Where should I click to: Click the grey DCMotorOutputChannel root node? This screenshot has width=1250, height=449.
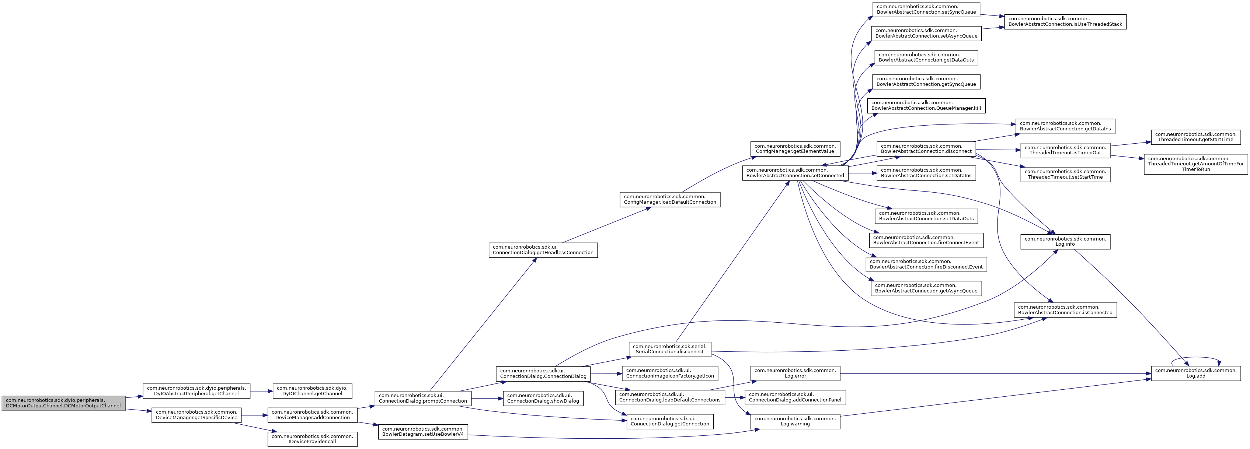[x=63, y=403]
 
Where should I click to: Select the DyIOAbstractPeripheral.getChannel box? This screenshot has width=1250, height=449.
[x=196, y=391]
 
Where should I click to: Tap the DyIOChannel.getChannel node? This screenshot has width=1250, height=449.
[x=313, y=391]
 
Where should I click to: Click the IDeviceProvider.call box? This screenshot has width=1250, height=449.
[x=313, y=439]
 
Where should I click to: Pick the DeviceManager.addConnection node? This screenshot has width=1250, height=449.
[x=313, y=415]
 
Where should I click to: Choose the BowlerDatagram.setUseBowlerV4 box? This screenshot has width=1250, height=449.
[x=423, y=432]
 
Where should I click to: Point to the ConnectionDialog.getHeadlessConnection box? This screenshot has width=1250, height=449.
[x=543, y=250]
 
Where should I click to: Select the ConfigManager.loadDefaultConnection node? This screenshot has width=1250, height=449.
[x=670, y=199]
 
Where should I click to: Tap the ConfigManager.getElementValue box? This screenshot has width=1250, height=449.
[x=795, y=148]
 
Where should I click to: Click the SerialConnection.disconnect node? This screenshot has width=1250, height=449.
[x=670, y=349]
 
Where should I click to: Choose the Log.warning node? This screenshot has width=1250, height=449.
[x=795, y=421]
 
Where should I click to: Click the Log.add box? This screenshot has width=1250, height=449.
[x=1196, y=374]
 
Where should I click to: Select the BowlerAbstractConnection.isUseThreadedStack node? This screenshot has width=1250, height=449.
[x=1065, y=21]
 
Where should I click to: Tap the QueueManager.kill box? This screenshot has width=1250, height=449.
[x=926, y=106]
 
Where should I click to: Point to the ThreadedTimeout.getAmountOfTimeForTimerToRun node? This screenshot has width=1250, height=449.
[x=1196, y=164]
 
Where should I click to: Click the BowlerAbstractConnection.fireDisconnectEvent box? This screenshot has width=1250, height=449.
[x=926, y=264]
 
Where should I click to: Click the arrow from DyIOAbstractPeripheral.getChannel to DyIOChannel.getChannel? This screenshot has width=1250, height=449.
[x=262, y=391]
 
